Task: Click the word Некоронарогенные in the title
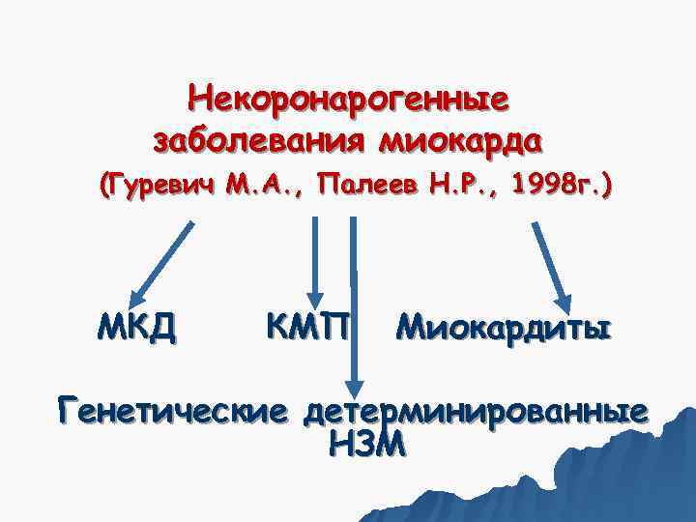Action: pos(351,98)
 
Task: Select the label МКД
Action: pos(136,329)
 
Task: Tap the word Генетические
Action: pos(172,410)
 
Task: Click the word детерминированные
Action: pos(474,410)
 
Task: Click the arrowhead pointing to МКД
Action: pos(139,295)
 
